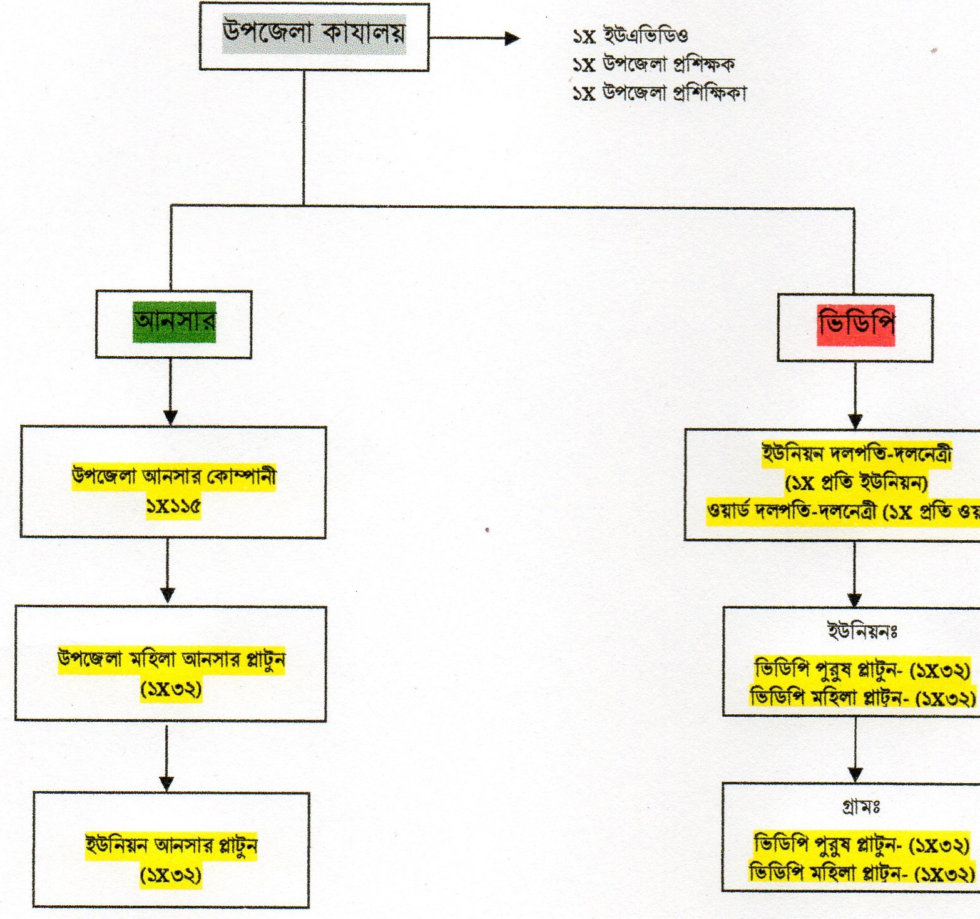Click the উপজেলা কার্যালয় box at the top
[314, 36]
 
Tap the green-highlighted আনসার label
[174, 322]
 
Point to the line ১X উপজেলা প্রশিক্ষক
[653, 64]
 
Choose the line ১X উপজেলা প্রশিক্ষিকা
[659, 93]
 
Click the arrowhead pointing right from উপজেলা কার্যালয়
[512, 38]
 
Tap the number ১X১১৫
[173, 506]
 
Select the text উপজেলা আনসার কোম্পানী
[174, 477]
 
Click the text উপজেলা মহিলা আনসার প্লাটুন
[171, 660]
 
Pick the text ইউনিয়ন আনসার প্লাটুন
[171, 845]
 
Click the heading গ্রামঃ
[861, 808]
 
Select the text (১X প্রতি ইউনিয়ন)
[856, 483]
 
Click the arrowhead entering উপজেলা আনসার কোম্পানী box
[170, 418]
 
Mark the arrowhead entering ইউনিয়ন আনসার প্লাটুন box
[166, 783]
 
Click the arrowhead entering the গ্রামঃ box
[855, 774]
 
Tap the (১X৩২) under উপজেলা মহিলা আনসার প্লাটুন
[171, 690]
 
